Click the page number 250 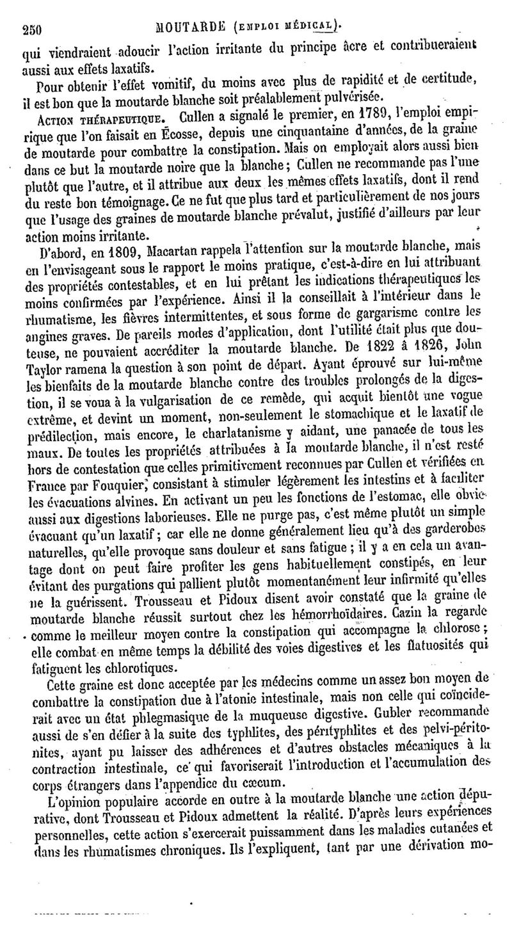click(31, 28)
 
